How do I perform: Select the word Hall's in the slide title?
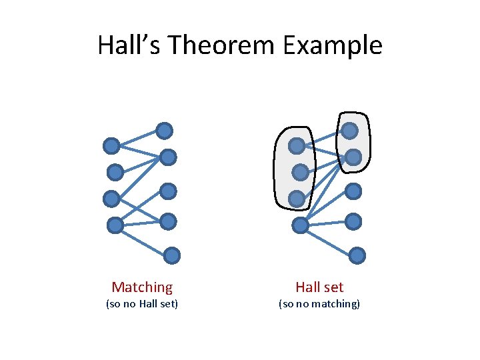point(129,45)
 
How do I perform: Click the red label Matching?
point(142,287)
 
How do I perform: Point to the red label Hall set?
point(319,287)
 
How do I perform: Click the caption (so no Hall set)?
point(142,304)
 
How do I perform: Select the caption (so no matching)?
point(319,304)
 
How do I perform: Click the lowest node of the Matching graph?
point(172,255)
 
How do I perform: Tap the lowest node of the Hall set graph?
point(357,255)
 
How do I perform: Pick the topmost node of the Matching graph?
point(164,131)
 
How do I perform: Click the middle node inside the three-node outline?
point(301,173)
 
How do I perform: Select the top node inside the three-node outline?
point(297,145)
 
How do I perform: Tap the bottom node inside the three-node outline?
point(297,198)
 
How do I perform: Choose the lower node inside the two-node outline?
point(353,157)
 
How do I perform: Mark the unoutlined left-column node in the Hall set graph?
point(301,225)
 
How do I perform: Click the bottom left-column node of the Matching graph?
point(115,225)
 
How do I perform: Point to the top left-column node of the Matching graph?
point(111,145)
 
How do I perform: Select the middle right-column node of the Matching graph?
point(168,192)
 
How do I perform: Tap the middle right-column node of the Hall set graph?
point(353,192)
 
